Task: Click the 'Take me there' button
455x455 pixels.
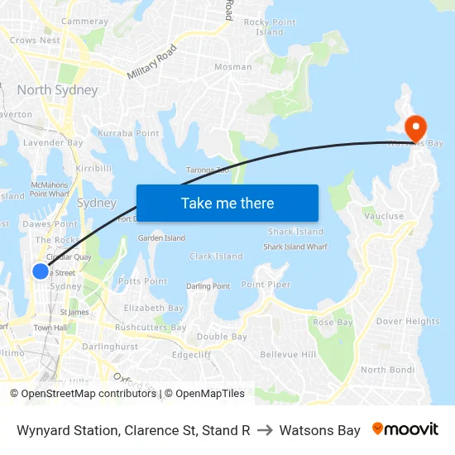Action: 227,204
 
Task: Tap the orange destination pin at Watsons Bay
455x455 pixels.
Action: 414,127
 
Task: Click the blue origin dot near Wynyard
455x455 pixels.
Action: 40,271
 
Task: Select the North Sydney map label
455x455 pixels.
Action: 57,90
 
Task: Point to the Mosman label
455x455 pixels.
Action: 233,67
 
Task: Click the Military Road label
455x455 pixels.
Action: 153,62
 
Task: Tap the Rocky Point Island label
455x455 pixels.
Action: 270,27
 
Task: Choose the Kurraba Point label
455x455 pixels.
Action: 128,133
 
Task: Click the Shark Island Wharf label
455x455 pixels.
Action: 295,247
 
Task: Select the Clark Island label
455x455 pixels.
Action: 216,256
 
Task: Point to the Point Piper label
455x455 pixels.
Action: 266,285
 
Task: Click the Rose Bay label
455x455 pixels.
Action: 333,323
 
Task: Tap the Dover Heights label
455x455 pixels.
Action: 408,322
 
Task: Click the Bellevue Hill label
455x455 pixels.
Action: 288,354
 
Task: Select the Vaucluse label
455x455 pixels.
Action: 384,217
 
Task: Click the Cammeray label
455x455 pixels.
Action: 85,21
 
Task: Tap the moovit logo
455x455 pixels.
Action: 405,429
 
